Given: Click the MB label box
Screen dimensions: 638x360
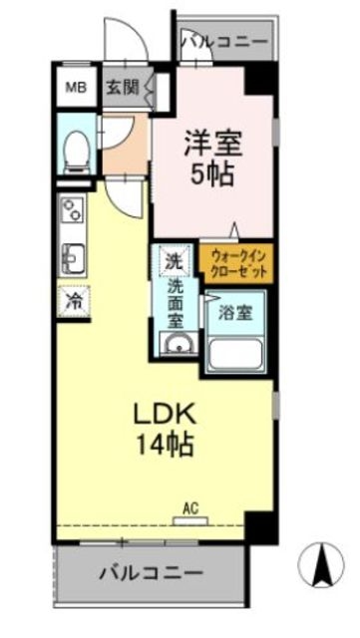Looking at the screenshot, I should pos(76,87).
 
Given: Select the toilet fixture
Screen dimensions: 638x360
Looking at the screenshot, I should pos(74,151).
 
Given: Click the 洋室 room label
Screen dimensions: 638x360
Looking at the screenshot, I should pos(211,142).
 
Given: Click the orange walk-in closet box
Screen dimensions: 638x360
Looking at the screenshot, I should pos(237,264).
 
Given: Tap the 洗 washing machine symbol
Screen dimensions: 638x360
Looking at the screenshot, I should pos(174,262).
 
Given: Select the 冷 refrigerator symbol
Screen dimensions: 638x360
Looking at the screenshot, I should pos(74,299).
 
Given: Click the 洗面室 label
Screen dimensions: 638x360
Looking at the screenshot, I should pos(176,306).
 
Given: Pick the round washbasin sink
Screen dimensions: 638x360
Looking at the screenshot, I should pos(180,346).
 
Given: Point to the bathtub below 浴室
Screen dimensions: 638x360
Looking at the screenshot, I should pos(237,352).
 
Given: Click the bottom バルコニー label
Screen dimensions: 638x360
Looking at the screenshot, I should pos(152,575).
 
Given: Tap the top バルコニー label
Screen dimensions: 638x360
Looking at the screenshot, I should pos(224,42).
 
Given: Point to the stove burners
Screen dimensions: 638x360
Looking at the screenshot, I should pos(73,209).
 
